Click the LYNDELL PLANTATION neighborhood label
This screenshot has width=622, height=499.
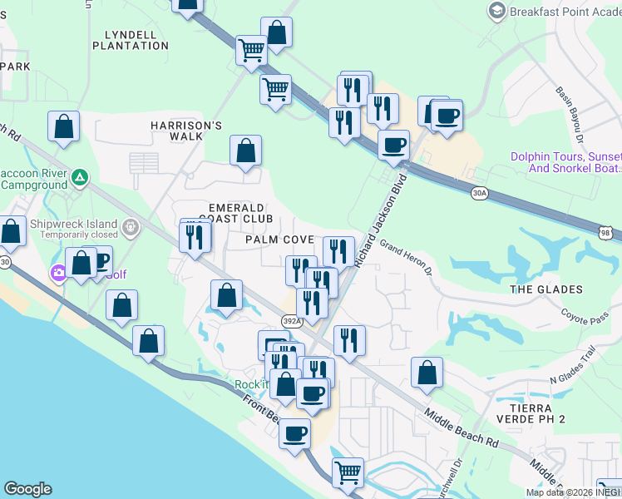[x=136, y=40]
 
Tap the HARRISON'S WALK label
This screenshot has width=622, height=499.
[x=187, y=131]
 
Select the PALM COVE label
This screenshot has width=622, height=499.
[x=279, y=240]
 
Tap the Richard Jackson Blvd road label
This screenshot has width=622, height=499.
[x=382, y=220]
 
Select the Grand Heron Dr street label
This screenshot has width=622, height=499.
[x=407, y=258]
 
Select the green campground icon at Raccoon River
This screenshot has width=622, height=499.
[x=79, y=177]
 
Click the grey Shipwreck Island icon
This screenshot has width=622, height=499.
[x=130, y=226]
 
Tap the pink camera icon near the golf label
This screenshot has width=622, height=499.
[x=58, y=272]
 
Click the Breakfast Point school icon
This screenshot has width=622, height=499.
[x=496, y=11]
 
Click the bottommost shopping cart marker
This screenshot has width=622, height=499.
[x=348, y=472]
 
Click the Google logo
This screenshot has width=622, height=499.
[x=27, y=489]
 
